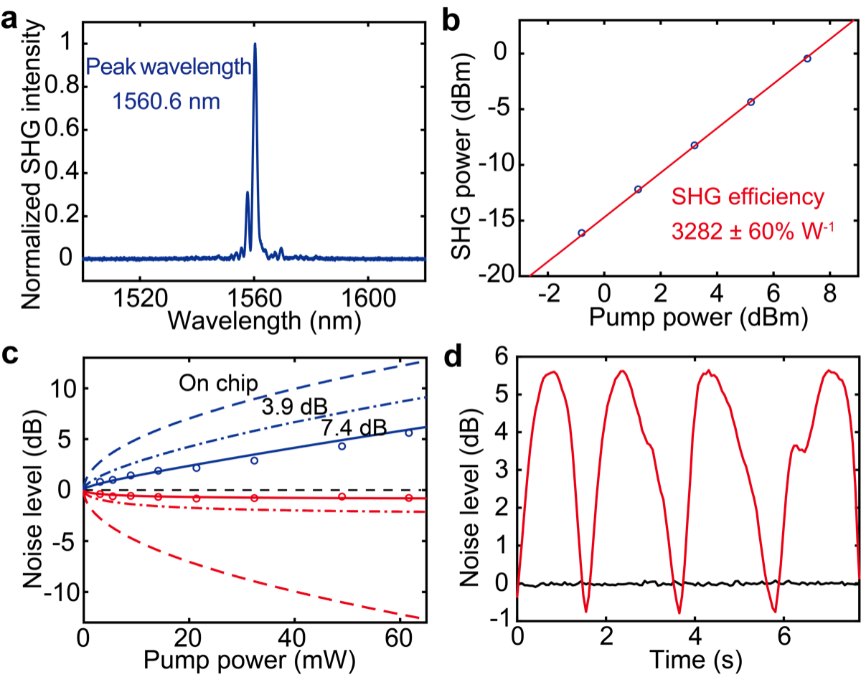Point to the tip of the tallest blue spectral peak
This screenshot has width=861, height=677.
(255, 43)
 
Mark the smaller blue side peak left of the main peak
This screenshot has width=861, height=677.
(248, 192)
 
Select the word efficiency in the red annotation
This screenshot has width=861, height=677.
(776, 197)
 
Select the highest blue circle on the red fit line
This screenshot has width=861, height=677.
(807, 58)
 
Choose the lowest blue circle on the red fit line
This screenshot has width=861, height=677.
(582, 232)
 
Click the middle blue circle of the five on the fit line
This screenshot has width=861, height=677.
(695, 145)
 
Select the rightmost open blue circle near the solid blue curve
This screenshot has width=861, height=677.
(409, 433)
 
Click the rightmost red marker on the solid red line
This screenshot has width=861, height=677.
(409, 498)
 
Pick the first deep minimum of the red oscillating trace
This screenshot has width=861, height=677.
(586, 612)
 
